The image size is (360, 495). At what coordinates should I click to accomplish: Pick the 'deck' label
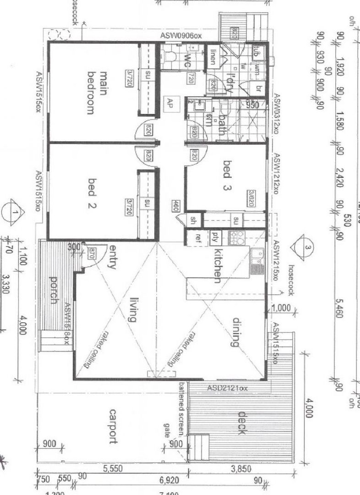(241, 424)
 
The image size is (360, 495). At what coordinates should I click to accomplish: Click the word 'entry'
(111, 258)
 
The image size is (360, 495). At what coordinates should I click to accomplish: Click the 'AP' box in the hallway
(170, 102)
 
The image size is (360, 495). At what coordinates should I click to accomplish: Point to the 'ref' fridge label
(198, 237)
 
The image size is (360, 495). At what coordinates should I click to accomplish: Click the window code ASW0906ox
(181, 36)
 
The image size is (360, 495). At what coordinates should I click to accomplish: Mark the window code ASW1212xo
(276, 174)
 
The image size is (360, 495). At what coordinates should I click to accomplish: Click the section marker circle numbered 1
(16, 212)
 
